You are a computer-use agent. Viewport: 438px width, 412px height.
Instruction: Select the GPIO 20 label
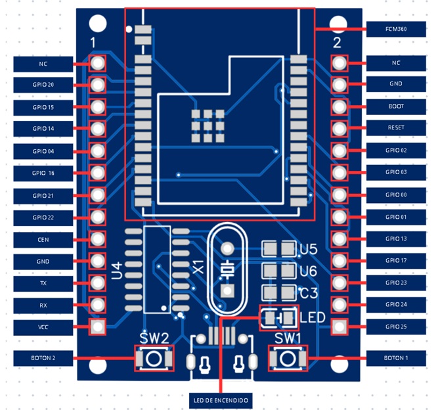tap(43, 85)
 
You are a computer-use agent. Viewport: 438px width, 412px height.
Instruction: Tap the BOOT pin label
tap(396, 106)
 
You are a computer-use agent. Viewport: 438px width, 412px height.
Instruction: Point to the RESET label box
tap(396, 127)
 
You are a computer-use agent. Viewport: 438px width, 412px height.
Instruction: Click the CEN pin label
tap(43, 240)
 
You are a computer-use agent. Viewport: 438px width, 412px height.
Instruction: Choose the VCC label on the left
tap(43, 327)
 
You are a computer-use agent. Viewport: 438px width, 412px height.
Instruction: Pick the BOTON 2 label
tap(43, 359)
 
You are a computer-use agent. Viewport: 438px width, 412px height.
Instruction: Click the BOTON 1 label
tap(396, 359)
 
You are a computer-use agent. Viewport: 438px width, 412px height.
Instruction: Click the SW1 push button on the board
tap(286, 359)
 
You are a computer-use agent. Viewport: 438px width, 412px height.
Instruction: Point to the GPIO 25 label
tap(396, 327)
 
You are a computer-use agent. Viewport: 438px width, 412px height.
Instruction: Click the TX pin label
tap(43, 283)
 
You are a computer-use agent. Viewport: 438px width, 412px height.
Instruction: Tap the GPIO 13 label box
tap(396, 239)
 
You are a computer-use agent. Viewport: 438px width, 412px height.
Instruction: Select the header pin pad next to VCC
tap(98, 326)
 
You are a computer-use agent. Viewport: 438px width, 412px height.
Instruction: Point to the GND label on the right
tap(396, 84)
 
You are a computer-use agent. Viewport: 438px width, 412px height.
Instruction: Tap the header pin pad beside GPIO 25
tap(339, 326)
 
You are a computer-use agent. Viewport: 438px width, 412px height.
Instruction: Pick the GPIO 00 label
tap(396, 195)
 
